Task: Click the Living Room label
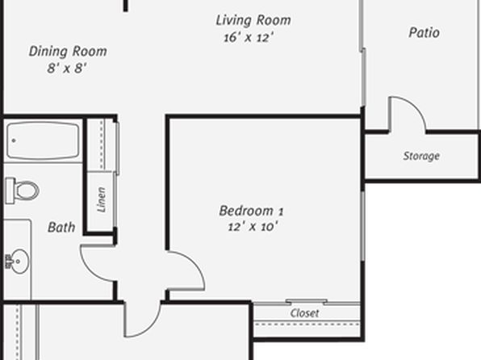tap(253, 20)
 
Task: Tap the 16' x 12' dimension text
tap(249, 38)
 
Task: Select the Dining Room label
tap(68, 51)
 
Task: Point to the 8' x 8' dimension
tap(67, 68)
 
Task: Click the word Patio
tap(424, 32)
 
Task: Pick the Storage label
tap(421, 156)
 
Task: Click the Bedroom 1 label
tap(251, 211)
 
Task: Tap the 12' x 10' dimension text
tap(253, 227)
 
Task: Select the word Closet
tap(304, 313)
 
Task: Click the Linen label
tap(101, 200)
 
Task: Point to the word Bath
tap(61, 228)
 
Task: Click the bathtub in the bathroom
tap(43, 141)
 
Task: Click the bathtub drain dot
tap(14, 140)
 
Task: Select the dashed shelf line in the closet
tap(307, 324)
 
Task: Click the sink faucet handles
tap(8, 262)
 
